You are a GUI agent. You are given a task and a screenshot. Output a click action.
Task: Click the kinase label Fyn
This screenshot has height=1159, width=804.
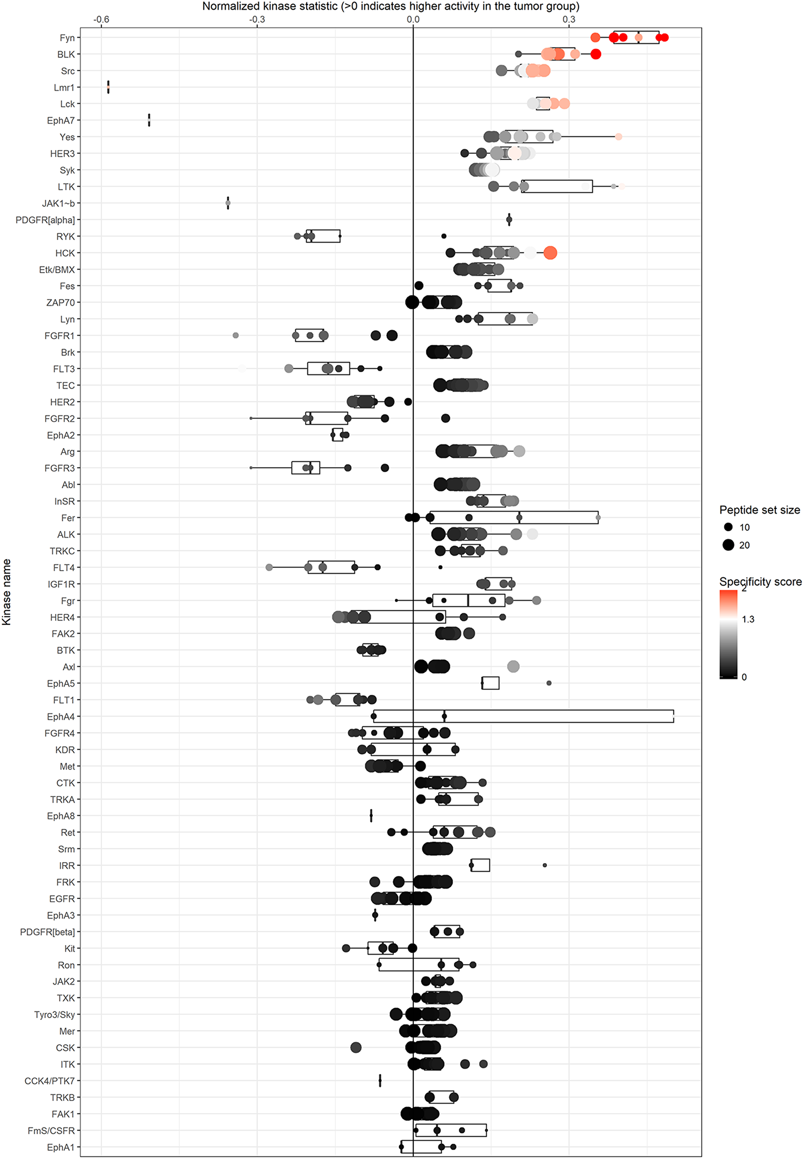(x=67, y=38)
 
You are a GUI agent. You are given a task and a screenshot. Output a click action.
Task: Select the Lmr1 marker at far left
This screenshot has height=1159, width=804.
(x=108, y=87)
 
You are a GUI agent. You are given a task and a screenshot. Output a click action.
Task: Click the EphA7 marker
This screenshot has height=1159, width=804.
(x=149, y=120)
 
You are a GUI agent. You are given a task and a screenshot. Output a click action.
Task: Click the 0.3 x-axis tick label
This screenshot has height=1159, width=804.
(x=569, y=20)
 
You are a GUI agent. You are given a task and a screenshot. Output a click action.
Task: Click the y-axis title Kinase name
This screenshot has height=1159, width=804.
(x=6, y=592)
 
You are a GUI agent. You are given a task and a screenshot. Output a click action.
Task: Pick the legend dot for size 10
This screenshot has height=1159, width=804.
(x=728, y=527)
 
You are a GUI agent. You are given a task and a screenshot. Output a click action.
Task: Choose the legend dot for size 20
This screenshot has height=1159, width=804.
(x=728, y=545)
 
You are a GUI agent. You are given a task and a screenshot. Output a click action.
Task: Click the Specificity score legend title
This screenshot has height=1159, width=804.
(x=760, y=582)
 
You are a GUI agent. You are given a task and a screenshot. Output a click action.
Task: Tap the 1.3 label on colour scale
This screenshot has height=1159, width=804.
(x=748, y=620)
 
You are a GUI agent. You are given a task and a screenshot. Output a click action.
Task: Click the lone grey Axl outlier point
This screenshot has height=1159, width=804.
(x=513, y=667)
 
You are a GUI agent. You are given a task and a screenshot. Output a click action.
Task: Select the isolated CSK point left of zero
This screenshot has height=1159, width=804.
(x=356, y=1048)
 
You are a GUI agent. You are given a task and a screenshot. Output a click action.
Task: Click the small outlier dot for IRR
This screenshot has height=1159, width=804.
(x=545, y=865)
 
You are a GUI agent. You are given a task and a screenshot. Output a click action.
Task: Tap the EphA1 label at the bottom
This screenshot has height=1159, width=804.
(x=60, y=1147)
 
